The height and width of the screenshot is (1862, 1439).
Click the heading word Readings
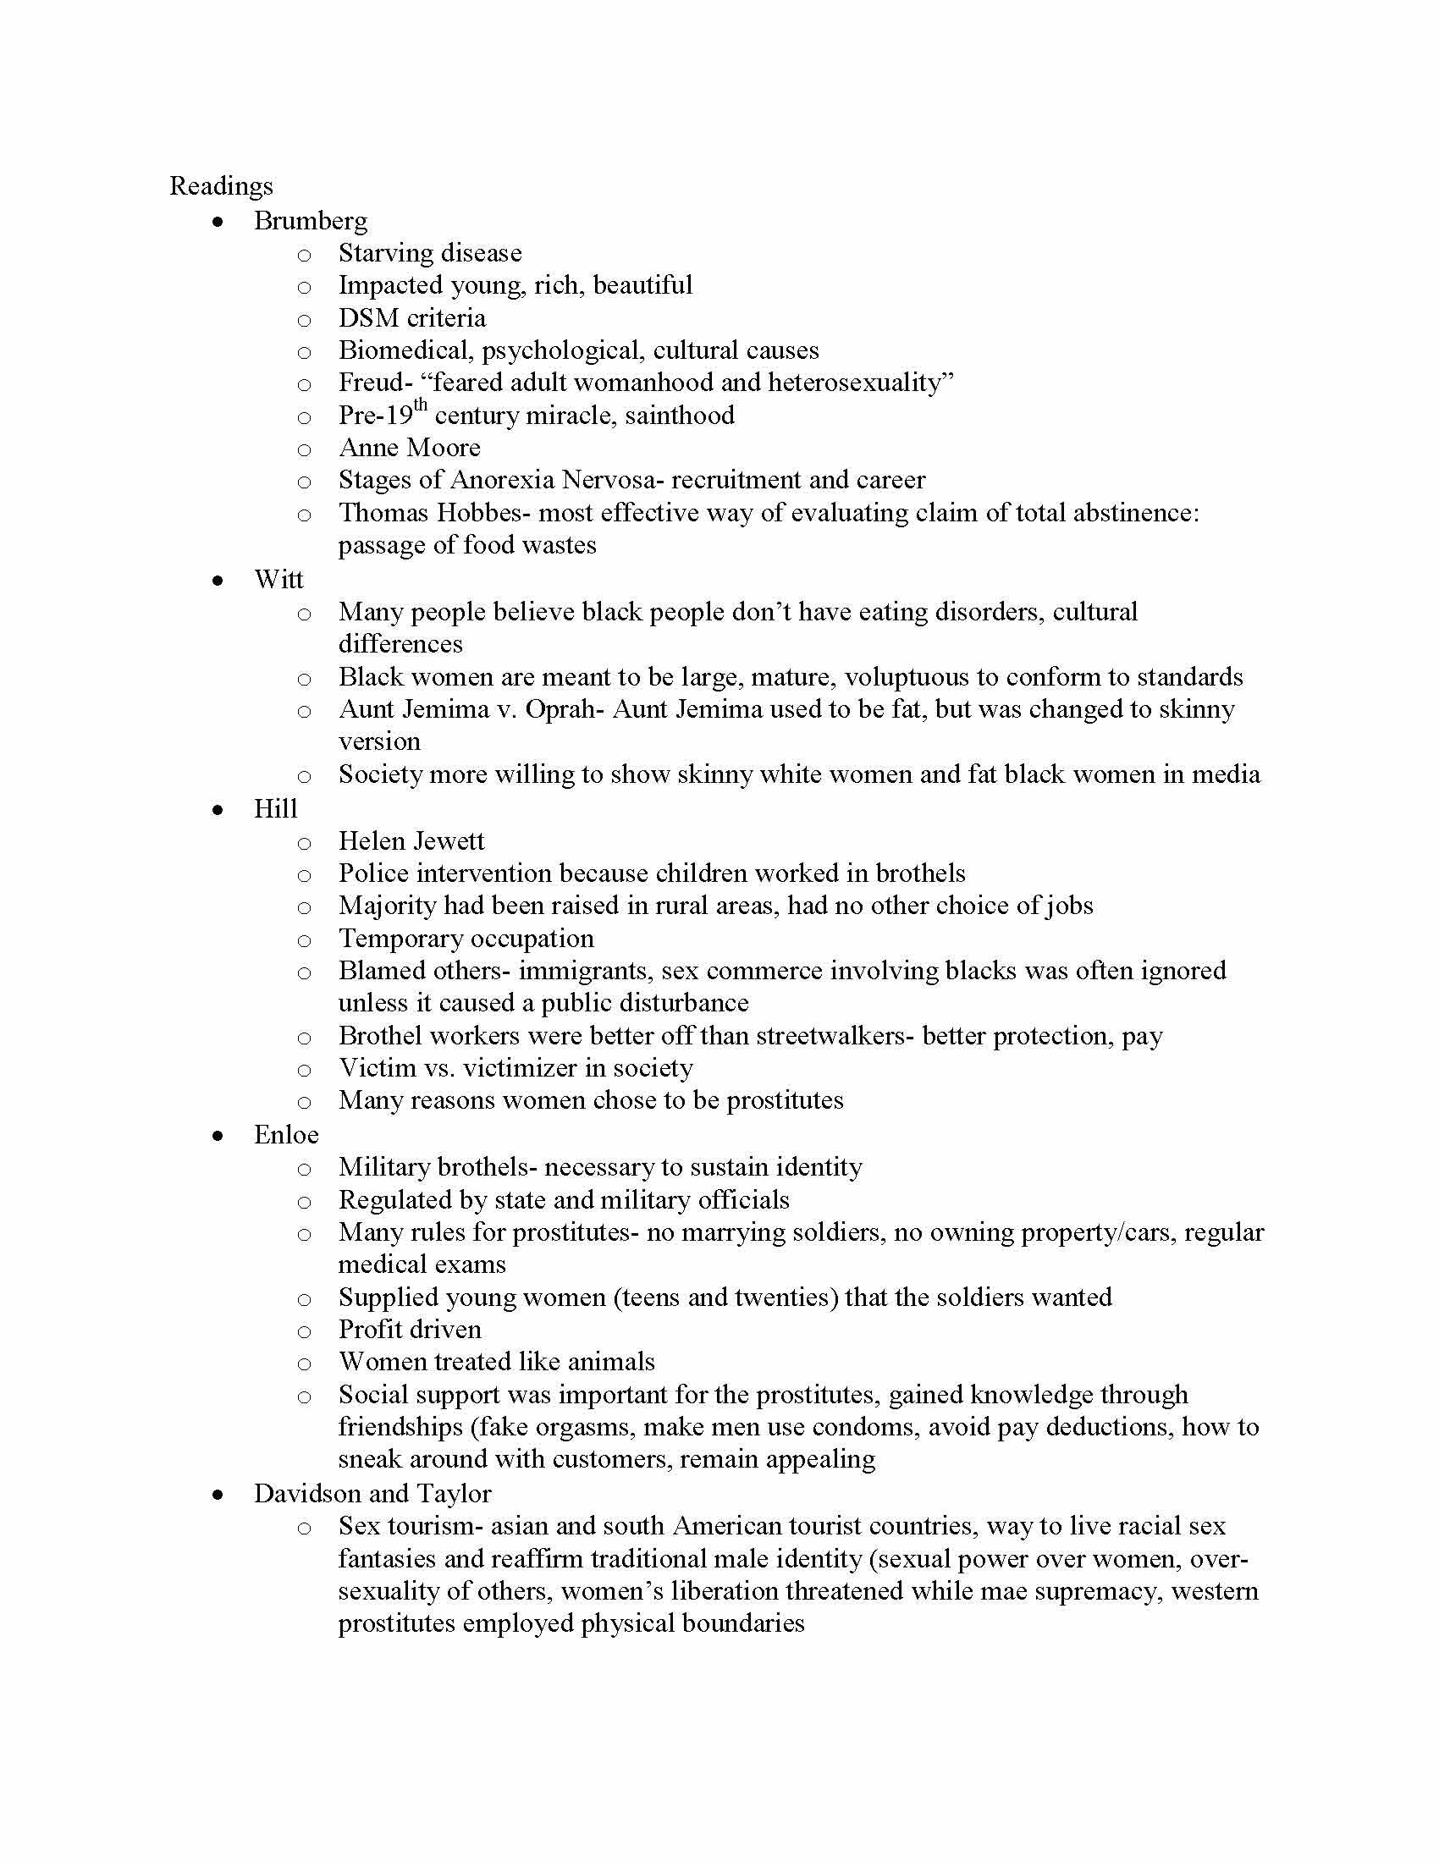click(x=221, y=186)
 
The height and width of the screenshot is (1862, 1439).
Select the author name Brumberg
click(x=311, y=221)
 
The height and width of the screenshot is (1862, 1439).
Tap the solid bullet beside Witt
click(x=219, y=581)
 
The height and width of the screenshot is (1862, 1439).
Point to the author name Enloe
click(x=285, y=1135)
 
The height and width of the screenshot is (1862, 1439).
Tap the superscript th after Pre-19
click(x=421, y=405)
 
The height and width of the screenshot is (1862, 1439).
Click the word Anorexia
click(x=502, y=480)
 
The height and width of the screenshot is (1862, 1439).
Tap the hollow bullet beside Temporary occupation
click(x=305, y=940)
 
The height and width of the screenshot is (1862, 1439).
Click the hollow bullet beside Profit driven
click(x=305, y=1331)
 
